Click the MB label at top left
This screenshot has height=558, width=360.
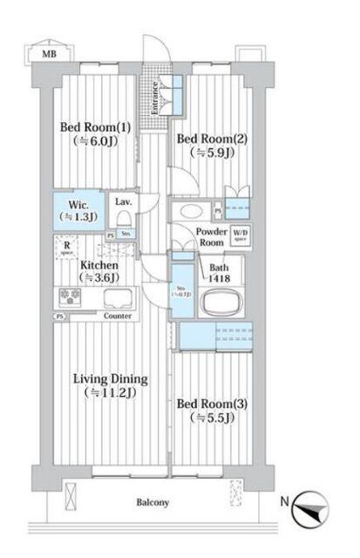[42, 55]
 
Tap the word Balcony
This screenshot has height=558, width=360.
[153, 503]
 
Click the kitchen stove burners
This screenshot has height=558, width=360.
[70, 297]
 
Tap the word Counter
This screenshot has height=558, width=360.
[117, 316]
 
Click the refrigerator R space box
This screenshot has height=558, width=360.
[67, 249]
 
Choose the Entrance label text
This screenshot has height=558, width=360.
[155, 98]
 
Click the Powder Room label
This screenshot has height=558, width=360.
[211, 237]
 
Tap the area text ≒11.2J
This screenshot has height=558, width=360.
[109, 393]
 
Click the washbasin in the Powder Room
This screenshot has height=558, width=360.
[188, 212]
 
